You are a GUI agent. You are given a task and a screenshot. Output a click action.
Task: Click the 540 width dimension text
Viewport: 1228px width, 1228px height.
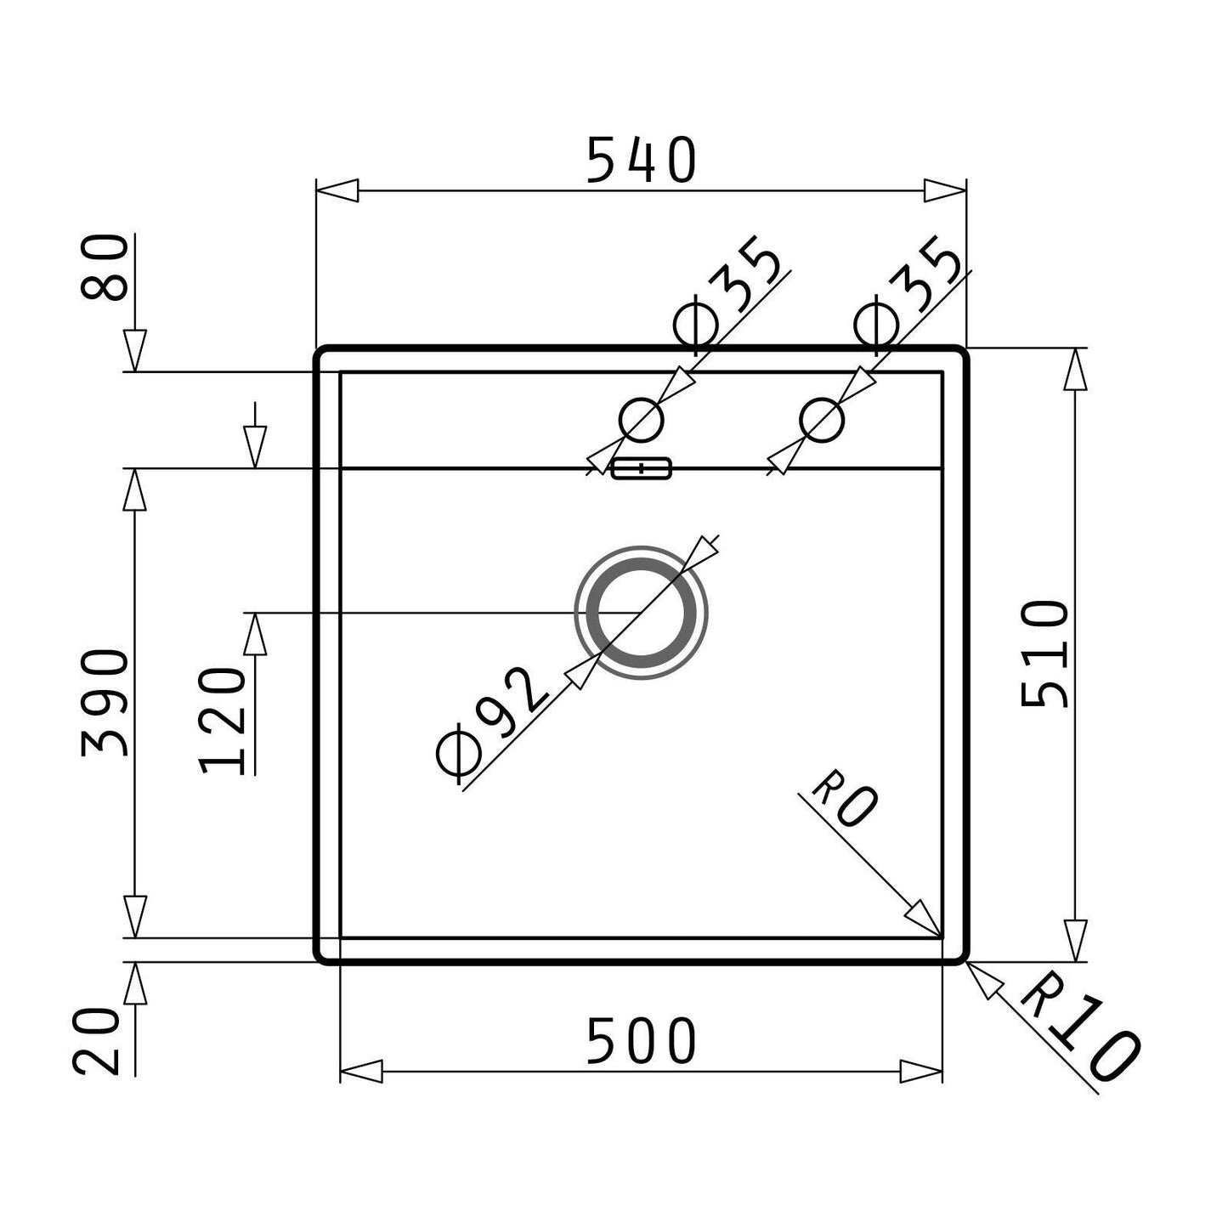pyautogui.click(x=641, y=161)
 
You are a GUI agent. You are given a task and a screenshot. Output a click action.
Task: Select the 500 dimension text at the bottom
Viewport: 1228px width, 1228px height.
pyautogui.click(x=641, y=1042)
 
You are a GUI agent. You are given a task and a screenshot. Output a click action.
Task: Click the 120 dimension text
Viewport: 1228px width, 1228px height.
pyautogui.click(x=223, y=720)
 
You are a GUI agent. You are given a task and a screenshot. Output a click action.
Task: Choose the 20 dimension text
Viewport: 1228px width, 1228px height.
pyautogui.click(x=95, y=1041)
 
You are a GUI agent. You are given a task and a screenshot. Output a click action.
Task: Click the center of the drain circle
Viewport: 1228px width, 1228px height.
pyautogui.click(x=641, y=612)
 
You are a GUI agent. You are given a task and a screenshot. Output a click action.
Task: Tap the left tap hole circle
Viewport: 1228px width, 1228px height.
pyautogui.click(x=641, y=419)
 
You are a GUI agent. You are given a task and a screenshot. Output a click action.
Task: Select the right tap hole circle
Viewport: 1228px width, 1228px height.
pyautogui.click(x=822, y=419)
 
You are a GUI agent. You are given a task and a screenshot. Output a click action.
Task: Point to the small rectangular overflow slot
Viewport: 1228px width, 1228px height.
pyautogui.click(x=642, y=467)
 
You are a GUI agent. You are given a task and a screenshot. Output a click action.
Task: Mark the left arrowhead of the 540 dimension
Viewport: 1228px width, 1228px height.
pyautogui.click(x=337, y=190)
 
